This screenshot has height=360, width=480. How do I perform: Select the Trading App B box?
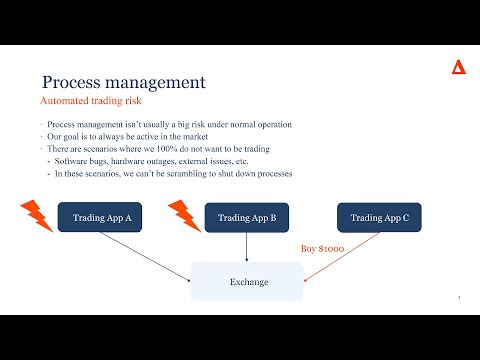[x=239, y=218]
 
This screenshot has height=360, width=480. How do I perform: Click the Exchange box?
[x=246, y=282]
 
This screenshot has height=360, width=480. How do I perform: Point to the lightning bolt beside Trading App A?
[x=37, y=213]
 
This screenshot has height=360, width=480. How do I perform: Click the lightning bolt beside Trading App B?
[x=184, y=213]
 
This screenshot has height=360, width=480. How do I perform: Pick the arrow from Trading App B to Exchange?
[x=246, y=247]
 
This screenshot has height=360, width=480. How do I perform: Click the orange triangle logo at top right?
[x=458, y=67]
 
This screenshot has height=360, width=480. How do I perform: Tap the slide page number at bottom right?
[x=458, y=298]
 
